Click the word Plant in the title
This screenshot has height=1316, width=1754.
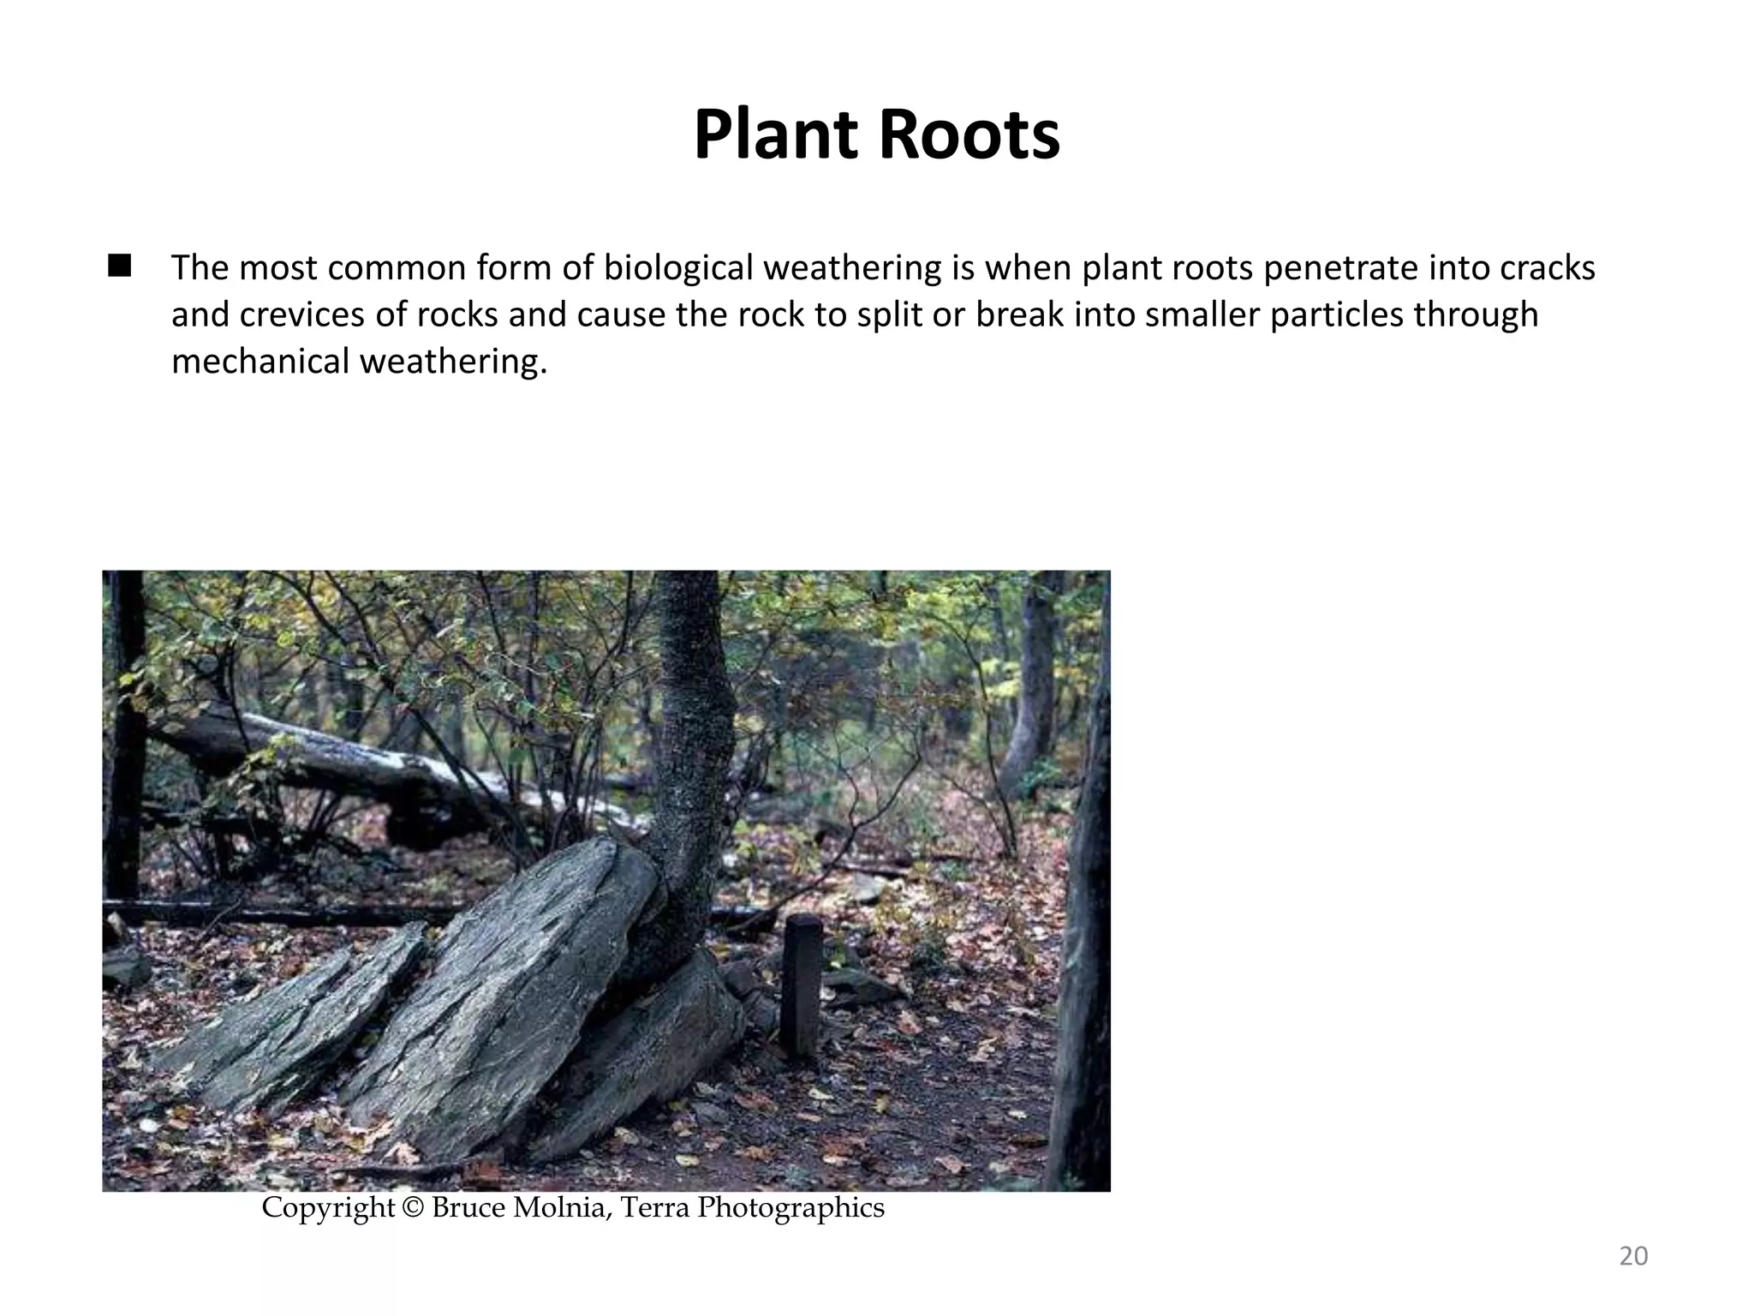pos(775,135)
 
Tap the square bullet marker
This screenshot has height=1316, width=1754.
pos(119,266)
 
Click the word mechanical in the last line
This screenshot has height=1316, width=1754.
pos(259,362)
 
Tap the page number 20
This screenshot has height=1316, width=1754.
pos(1633,1256)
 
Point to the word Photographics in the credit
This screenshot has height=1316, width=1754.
pos(790,1208)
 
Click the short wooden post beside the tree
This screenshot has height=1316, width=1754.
pos(802,985)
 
